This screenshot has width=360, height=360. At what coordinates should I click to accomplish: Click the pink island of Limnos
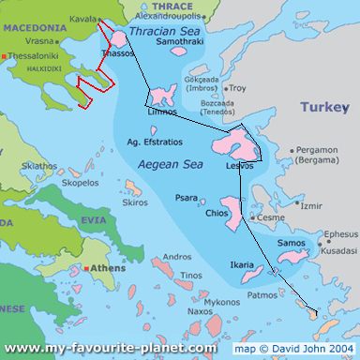click(163, 96)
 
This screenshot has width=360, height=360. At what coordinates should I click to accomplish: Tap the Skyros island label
click(135, 202)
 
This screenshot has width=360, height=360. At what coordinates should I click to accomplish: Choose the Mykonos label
click(222, 303)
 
